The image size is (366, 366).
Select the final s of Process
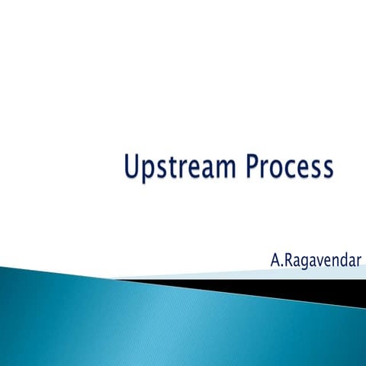point(327,170)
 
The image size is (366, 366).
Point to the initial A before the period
point(275,260)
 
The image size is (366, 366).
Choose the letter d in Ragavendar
point(342,260)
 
